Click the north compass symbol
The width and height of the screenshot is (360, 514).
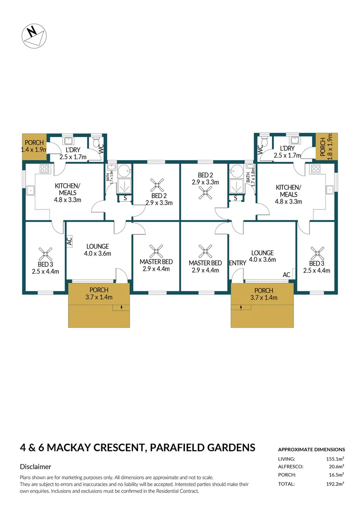[34, 36]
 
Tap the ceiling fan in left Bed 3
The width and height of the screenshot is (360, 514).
[45, 254]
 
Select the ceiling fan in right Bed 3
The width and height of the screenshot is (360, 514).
[317, 253]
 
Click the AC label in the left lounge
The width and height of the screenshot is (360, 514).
[69, 241]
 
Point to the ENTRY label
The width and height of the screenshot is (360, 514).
[237, 263]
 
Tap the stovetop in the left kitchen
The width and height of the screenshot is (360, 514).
[44, 169]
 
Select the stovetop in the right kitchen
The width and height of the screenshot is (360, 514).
[315, 169]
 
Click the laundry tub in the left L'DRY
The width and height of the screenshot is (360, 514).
[68, 140]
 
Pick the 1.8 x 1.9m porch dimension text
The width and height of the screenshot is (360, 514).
[330, 147]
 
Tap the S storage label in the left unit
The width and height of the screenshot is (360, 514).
[125, 198]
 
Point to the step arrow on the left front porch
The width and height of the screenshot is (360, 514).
[122, 307]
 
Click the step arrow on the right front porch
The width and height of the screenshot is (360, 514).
[241, 307]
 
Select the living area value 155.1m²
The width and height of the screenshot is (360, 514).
[335, 459]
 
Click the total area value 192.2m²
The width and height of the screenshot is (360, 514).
[335, 484]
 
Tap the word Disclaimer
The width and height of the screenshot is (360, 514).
[35, 466]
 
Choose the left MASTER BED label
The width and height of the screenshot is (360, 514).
[156, 262]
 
